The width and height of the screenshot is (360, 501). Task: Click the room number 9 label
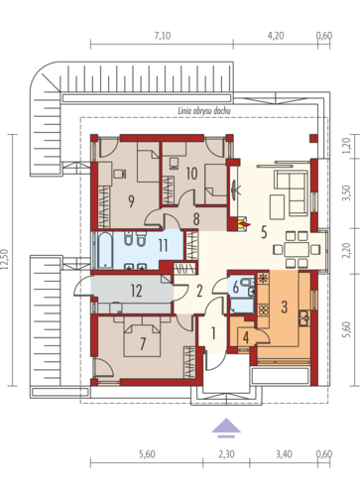pyautogui.click(x=131, y=201)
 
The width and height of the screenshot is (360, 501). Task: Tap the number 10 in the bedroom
pyautogui.click(x=191, y=174)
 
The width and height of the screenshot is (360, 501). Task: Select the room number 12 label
pyautogui.click(x=136, y=291)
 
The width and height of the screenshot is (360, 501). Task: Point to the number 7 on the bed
pyautogui.click(x=143, y=343)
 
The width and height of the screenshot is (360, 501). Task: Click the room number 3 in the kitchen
pyautogui.click(x=284, y=307)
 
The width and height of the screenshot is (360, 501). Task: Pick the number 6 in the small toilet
pyautogui.click(x=236, y=288)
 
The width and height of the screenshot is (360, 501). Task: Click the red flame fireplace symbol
pyautogui.click(x=243, y=224)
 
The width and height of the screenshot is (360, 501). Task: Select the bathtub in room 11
pyautogui.click(x=105, y=250)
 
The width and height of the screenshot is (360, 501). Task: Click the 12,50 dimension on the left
pyautogui.click(x=6, y=260)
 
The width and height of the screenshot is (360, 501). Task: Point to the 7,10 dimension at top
pyautogui.click(x=163, y=36)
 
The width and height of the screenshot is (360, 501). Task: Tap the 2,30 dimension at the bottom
pyautogui.click(x=226, y=454)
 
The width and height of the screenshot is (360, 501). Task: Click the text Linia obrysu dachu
pyautogui.click(x=204, y=111)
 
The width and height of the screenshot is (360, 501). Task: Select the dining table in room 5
pyautogui.click(x=298, y=249)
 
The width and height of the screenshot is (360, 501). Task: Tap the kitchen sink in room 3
pyautogui.click(x=303, y=317)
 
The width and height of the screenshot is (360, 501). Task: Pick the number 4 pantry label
pyautogui.click(x=246, y=337)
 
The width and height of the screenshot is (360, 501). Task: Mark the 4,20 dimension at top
pyautogui.click(x=276, y=36)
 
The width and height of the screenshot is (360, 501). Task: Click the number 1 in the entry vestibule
pyautogui.click(x=213, y=333)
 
